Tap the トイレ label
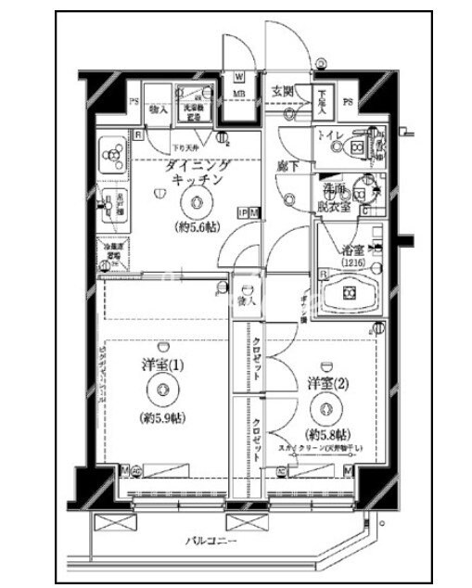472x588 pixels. tap(332, 136)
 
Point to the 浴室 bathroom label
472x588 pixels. tap(351, 249)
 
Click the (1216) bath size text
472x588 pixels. tap(351, 262)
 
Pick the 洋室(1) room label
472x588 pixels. tap(163, 364)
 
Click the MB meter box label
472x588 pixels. tap(238, 94)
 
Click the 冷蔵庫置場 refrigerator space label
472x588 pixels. tap(112, 252)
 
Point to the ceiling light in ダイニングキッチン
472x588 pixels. tap(195, 205)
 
